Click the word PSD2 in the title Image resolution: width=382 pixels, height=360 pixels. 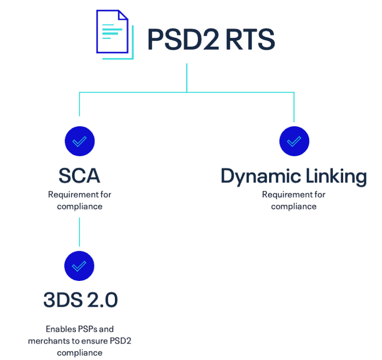pos(183,40)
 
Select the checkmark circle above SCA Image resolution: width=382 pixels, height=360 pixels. pos(80,141)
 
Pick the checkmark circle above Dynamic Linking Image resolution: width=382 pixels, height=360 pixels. pos(294,141)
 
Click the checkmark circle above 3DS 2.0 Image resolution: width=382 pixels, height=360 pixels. pos(80,266)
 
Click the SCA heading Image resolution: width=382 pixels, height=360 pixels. pos(80,176)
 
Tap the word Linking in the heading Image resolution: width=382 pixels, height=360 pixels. pos(337,177)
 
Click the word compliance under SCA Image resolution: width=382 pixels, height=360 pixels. pos(80,206)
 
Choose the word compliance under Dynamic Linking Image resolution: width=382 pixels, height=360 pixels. pos(294,206)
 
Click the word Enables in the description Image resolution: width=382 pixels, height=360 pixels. pos(61,329)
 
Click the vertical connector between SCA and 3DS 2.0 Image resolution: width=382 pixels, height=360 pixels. pos(80,231)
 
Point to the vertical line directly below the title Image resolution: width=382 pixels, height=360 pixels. pos(187,77)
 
